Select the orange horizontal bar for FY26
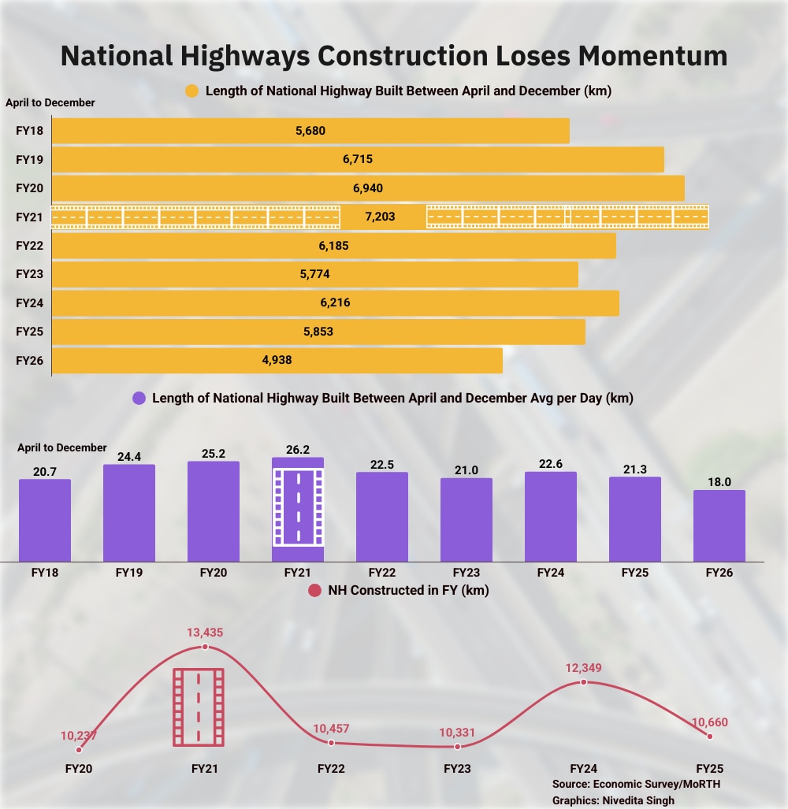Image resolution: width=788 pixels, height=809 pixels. pos(277,362)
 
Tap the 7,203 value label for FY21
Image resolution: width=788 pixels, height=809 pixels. pos(382,217)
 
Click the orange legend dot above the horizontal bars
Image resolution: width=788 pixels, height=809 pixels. pos(191,91)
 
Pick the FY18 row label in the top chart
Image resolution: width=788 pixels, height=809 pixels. pos(29,131)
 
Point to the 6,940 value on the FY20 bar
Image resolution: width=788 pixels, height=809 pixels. pos(368,188)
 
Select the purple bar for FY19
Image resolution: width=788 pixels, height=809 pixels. pos(129,513)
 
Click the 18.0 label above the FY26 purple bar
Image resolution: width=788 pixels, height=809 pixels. pos(719,480)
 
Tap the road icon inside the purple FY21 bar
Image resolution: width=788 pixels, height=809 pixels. pos(299,507)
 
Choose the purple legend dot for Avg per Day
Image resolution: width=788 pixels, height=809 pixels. pos(138,399)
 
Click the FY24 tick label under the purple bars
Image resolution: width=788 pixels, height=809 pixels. pos(551,573)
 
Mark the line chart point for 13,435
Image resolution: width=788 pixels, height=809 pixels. pos(205,647)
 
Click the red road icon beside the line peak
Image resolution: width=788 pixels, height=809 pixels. pos(199,707)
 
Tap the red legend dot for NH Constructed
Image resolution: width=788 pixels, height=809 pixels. pos(314,591)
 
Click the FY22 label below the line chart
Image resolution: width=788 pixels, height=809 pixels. pos(331,768)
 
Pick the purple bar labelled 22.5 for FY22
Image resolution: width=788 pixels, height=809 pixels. pos(382,517)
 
